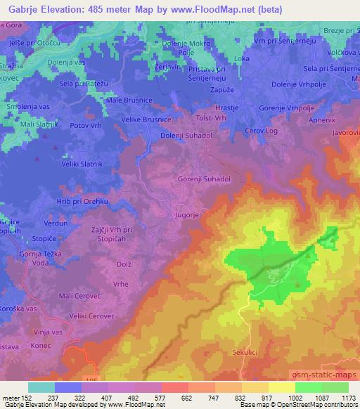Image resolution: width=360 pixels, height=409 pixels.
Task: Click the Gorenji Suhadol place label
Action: [x=205, y=179]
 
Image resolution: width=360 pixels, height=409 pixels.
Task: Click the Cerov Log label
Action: [x=260, y=131]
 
